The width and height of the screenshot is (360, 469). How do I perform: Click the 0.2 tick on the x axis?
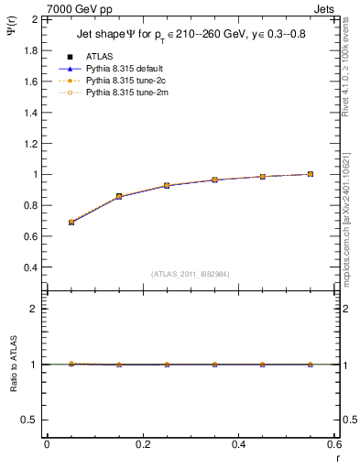(142, 445)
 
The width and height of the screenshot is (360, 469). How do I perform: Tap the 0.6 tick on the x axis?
(333, 445)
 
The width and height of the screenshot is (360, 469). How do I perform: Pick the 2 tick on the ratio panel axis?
(34, 309)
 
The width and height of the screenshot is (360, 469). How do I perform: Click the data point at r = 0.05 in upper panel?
(71, 222)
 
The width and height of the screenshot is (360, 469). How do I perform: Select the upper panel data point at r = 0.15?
(118, 196)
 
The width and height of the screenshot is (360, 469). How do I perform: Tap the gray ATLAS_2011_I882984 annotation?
(190, 274)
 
